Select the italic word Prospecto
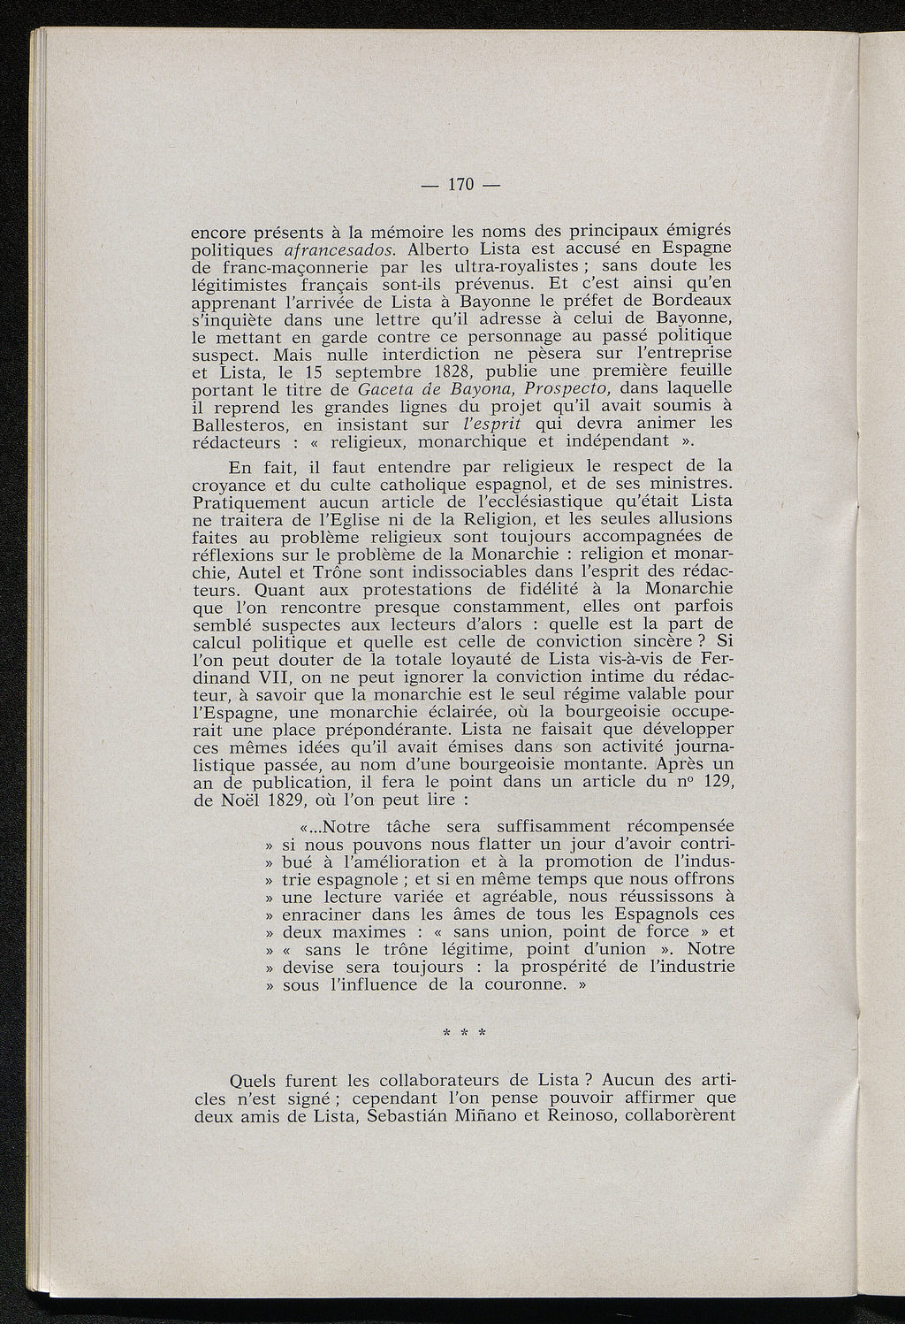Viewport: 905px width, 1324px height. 572,389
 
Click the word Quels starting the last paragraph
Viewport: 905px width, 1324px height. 253,1081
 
